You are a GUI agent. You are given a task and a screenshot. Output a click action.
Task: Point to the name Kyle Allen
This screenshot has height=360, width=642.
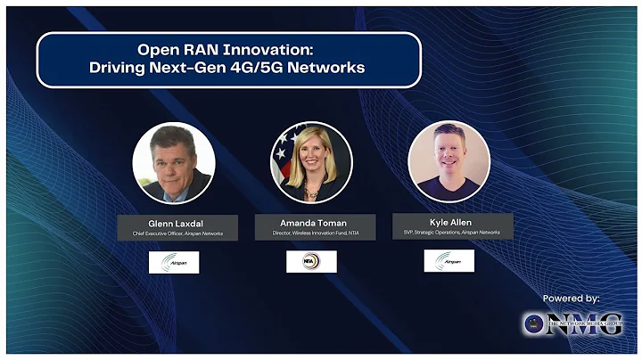[449, 221]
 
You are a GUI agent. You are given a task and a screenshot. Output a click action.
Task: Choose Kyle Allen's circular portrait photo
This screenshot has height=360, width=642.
[449, 161]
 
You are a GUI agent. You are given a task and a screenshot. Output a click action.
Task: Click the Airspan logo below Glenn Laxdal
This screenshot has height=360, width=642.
[174, 262]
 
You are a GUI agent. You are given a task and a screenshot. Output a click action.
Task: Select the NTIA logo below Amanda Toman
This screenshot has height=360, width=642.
[311, 262]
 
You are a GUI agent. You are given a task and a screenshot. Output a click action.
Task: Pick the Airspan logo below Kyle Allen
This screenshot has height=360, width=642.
[449, 261]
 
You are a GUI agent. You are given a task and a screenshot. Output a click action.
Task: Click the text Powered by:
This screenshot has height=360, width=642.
[571, 298]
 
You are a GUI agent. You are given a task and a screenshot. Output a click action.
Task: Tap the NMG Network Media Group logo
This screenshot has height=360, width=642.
[572, 323]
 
